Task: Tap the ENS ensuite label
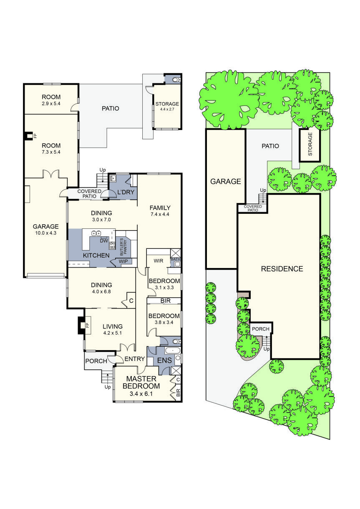point(161,359)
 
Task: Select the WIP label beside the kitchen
point(123,261)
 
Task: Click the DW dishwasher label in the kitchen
point(103,241)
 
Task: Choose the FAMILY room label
point(160,208)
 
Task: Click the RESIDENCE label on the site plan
point(282,269)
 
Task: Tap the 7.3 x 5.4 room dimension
point(51,153)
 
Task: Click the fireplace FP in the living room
point(87,325)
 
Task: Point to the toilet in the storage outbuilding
point(174,79)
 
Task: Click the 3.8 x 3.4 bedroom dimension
point(164,322)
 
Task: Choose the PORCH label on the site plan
point(261,329)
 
